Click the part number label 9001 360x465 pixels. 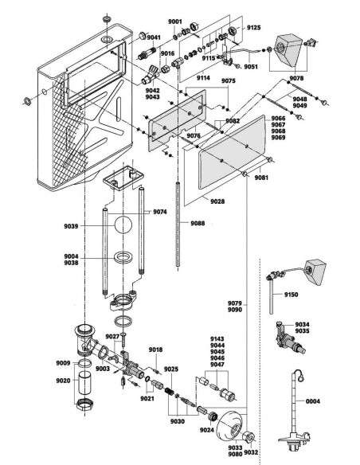click(x=175, y=21)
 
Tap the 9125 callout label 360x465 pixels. click(x=254, y=28)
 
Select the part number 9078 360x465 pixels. click(x=296, y=78)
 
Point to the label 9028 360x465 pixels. click(x=217, y=201)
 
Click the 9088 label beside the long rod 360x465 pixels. click(x=198, y=223)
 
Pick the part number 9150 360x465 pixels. click(x=292, y=295)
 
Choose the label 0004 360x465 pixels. click(x=313, y=401)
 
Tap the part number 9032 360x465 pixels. click(x=251, y=452)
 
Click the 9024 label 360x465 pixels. click(x=207, y=430)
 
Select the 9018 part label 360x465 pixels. click(x=155, y=350)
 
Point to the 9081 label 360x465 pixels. click(x=261, y=178)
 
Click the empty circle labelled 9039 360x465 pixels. click(x=123, y=225)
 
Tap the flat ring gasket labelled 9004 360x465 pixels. click(x=123, y=257)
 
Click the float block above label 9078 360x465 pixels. click(x=288, y=50)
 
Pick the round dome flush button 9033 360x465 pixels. click(x=231, y=426)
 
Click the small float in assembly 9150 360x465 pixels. click(x=315, y=272)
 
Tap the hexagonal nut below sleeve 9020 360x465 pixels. click(x=85, y=404)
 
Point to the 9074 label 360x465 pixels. click(x=160, y=212)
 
